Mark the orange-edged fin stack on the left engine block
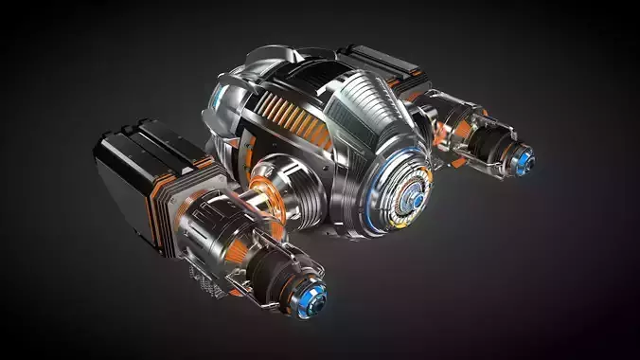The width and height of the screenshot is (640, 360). coord(175,189)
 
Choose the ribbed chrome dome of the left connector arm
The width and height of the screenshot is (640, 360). coord(284,185)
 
